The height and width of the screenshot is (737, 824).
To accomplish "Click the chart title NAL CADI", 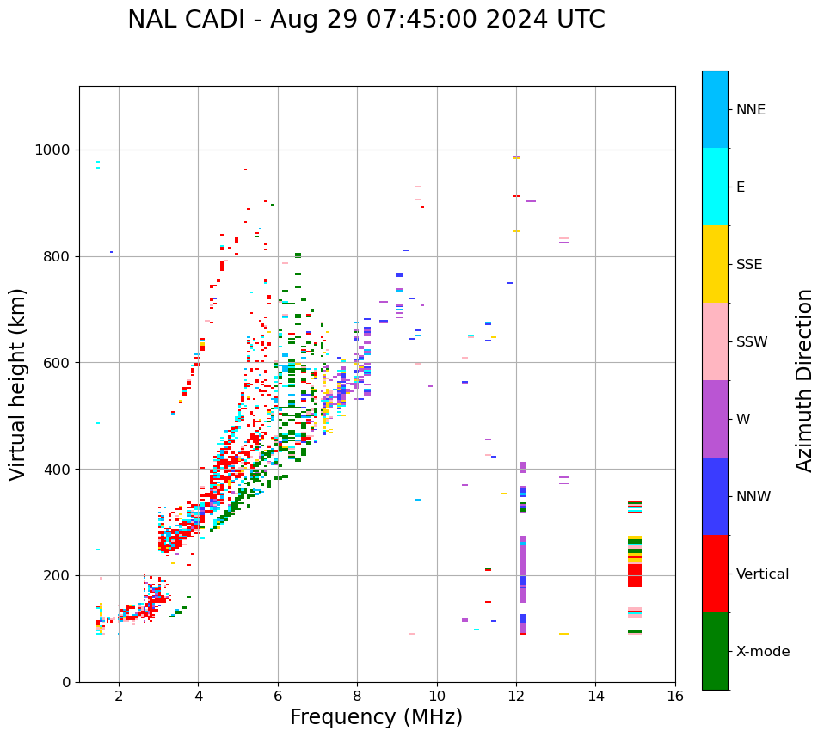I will pos(366,20).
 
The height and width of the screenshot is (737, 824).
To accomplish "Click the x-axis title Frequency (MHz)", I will pos(376,717).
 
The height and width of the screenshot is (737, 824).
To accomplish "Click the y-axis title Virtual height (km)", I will pos(18,384).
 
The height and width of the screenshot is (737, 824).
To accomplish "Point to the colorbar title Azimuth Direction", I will pos(804,380).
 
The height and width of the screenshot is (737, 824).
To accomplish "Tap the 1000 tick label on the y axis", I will pos(54,150).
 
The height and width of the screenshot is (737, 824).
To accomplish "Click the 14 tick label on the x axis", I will pos(595,696).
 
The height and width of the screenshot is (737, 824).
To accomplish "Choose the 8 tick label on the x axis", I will pos(357,696).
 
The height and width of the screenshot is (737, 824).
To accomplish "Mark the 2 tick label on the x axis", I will pos(119,696).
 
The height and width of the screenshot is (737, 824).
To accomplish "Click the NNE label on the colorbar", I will pos(750,110).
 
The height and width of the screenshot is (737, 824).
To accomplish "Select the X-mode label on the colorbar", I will pos(762,652).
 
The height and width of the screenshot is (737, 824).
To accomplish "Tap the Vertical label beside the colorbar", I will pos(762,574).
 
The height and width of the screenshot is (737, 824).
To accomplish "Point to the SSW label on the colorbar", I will pos(752,342).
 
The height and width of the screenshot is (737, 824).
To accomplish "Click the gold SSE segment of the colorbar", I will pos(715,264).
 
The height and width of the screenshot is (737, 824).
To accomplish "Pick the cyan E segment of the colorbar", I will pos(715,187).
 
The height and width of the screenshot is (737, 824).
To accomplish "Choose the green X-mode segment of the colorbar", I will pos(715,651).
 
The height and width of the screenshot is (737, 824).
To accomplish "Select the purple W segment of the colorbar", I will pos(715,419).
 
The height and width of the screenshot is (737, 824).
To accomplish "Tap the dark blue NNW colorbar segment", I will pos(715,496).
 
